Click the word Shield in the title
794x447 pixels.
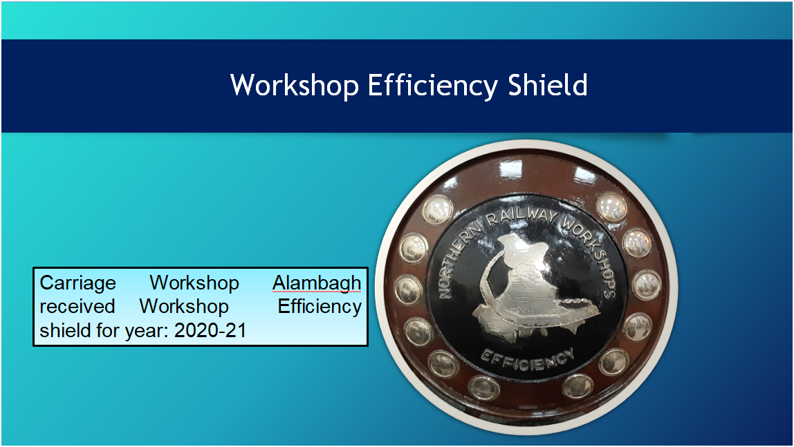pyautogui.click(x=548, y=85)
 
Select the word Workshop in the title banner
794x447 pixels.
pyautogui.click(x=295, y=86)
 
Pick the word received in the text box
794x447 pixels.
pyautogui.click(x=77, y=307)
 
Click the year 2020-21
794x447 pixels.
pyautogui.click(x=210, y=331)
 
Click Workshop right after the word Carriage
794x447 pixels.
pyautogui.click(x=194, y=283)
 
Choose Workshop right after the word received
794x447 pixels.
pyautogui.click(x=184, y=307)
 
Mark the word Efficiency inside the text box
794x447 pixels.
pyautogui.click(x=320, y=307)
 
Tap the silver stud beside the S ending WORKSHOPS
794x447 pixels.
pyautogui.click(x=646, y=285)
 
